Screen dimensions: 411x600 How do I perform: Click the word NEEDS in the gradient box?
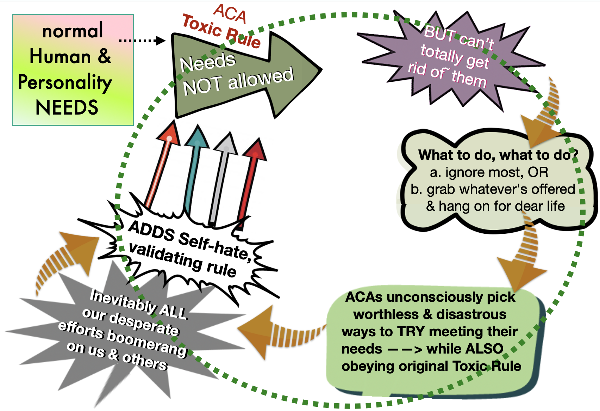tap(67, 108)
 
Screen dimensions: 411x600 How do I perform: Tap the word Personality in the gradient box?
tap(65, 83)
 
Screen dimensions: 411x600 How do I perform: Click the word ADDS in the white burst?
tap(151, 231)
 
